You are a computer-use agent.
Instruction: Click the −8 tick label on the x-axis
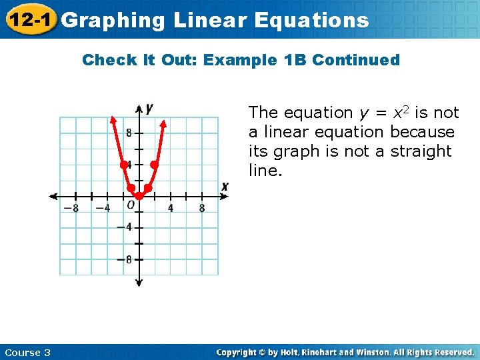click(x=71, y=208)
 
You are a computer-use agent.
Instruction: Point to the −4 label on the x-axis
click(x=103, y=208)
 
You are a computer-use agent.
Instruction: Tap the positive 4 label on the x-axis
click(x=171, y=208)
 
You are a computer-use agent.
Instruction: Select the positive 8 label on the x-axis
click(x=202, y=208)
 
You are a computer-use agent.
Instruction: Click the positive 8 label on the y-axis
click(x=129, y=133)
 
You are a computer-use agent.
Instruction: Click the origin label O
click(x=131, y=205)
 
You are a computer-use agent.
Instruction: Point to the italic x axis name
click(x=225, y=187)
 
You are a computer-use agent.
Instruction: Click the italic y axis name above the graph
click(x=149, y=108)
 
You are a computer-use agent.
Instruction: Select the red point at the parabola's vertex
click(x=139, y=196)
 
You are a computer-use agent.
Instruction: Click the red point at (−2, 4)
click(x=123, y=164)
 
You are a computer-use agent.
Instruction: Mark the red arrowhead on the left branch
click(x=113, y=121)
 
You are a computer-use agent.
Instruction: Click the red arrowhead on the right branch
click(x=164, y=121)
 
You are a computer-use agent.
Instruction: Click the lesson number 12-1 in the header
click(x=29, y=19)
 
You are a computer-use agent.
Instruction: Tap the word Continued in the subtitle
click(x=356, y=60)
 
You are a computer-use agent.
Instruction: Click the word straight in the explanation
click(x=419, y=151)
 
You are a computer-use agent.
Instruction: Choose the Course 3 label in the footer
click(x=27, y=353)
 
